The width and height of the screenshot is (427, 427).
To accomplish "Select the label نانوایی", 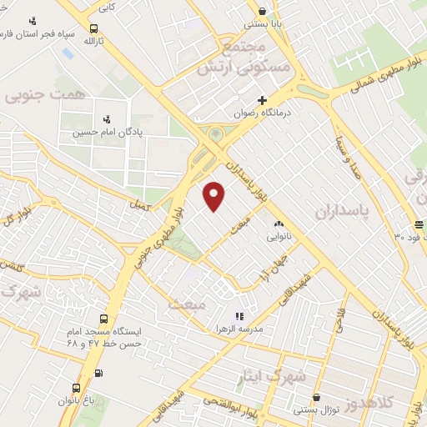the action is [x=279, y=236].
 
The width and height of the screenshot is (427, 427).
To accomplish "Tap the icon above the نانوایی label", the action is [x=279, y=223].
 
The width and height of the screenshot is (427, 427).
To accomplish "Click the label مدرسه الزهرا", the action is [x=262, y=329].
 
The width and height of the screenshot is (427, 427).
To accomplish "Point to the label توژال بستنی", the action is [x=314, y=409].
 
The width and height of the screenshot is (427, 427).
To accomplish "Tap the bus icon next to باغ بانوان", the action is [x=77, y=388].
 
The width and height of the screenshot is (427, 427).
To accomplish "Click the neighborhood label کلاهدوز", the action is [x=403, y=404].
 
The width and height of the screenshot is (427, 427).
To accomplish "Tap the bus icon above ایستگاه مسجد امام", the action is [x=104, y=319].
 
